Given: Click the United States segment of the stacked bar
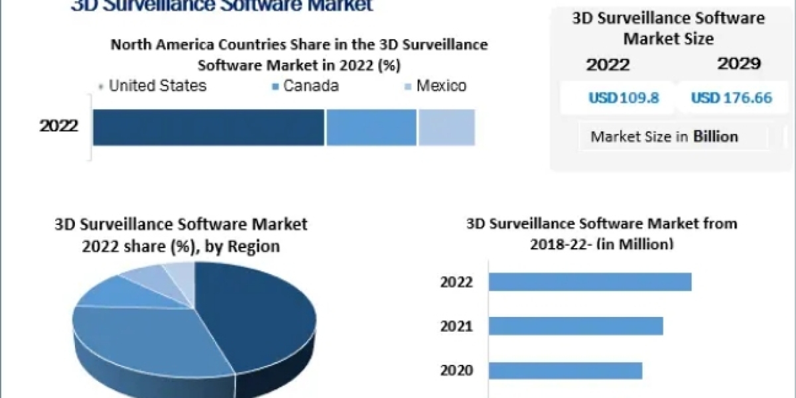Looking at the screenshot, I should click(x=208, y=127).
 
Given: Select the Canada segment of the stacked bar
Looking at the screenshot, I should click(x=371, y=127).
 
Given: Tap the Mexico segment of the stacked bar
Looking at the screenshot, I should click(x=446, y=127).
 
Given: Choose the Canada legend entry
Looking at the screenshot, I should click(x=310, y=86).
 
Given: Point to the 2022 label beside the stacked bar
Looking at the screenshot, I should click(x=59, y=126).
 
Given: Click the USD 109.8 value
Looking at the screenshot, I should click(x=624, y=98).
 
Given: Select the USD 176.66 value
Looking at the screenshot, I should click(x=732, y=98).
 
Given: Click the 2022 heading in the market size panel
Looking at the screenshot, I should click(x=608, y=64).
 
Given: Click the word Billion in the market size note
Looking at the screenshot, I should click(x=716, y=137).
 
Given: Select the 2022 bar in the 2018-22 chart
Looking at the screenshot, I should click(x=590, y=282).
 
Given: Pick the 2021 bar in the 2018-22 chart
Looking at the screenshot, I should click(x=576, y=326).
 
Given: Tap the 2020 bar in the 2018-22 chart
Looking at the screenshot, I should click(x=565, y=370).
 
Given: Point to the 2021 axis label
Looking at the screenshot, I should click(x=456, y=326).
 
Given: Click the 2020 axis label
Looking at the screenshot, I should click(x=456, y=370).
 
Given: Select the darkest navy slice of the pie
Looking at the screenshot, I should click(x=262, y=312).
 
